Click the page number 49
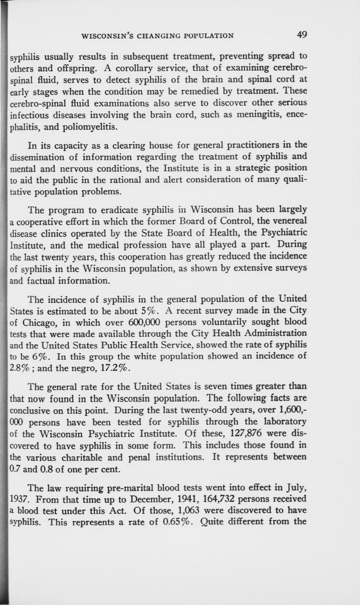click(x=301, y=35)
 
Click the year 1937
click(x=19, y=499)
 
